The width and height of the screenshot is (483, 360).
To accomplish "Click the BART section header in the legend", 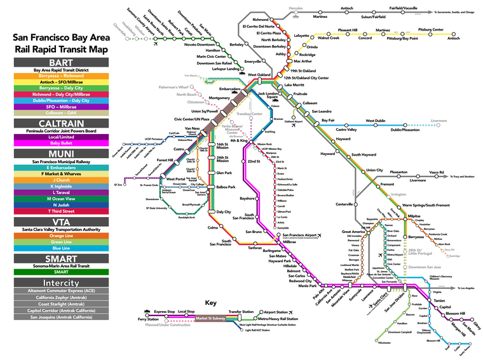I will [53, 62].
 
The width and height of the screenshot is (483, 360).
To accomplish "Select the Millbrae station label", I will [289, 242].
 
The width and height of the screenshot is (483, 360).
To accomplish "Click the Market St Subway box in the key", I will [208, 317].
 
